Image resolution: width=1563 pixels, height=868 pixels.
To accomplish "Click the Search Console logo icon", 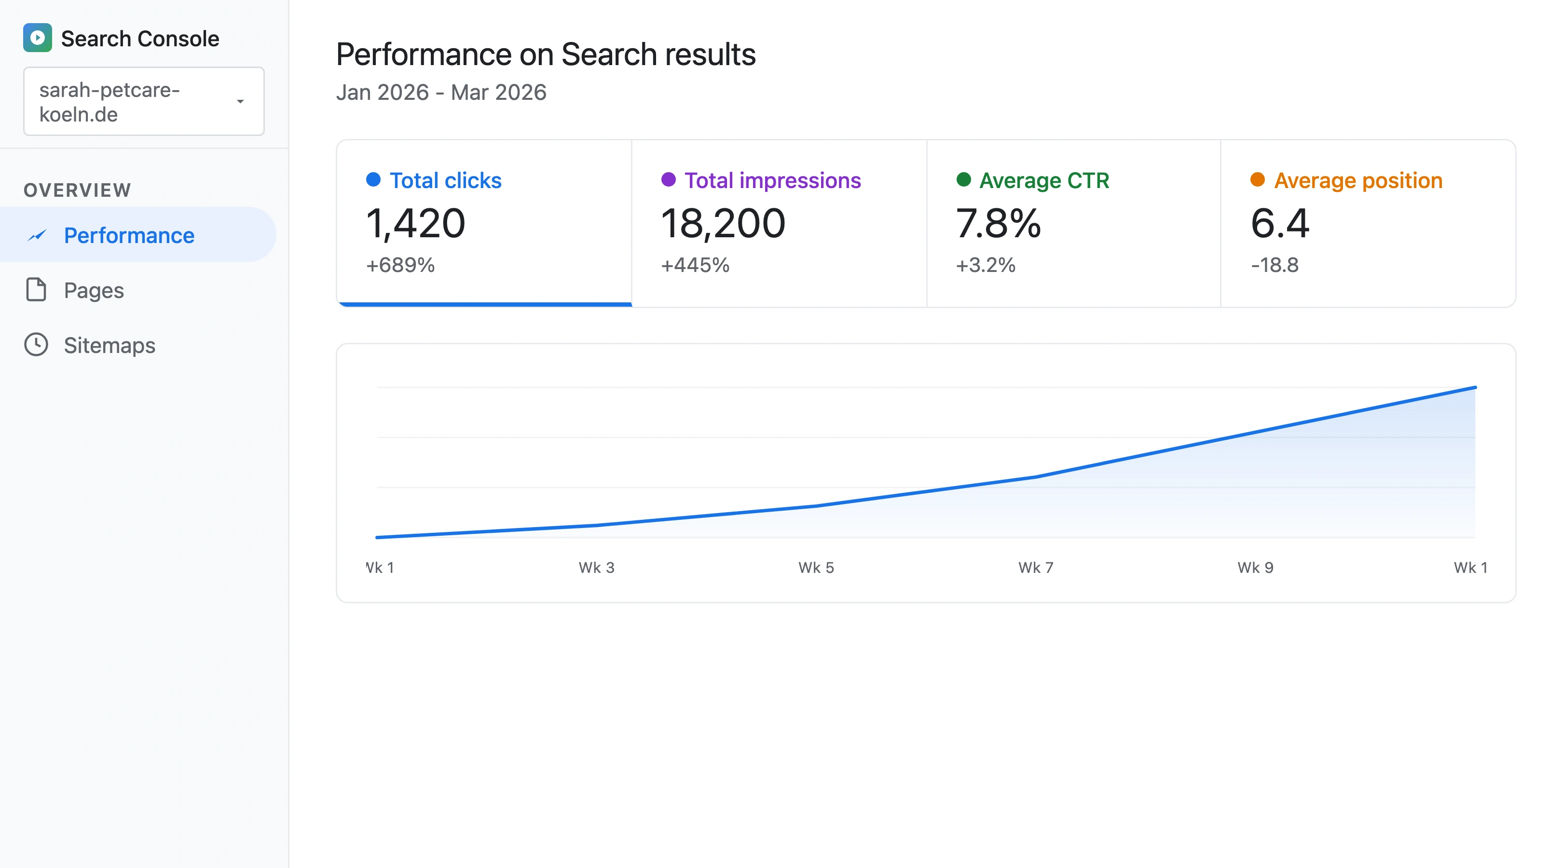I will pos(37,38).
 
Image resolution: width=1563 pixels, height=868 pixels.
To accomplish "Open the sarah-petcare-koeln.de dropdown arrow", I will pos(240,101).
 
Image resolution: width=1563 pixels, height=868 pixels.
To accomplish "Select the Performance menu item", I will pos(129,235).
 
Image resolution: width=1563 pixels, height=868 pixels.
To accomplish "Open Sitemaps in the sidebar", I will pos(109,345).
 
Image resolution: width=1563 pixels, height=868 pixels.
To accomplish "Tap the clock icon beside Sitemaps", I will pos(36,344).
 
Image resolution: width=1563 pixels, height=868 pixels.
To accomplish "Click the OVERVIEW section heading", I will pos(77,190).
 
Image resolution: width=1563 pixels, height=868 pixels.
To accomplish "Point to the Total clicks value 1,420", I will pos(416,223).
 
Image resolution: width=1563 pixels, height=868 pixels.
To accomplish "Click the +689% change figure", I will pos(400,265).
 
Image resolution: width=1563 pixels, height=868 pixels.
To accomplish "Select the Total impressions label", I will pos(772,181).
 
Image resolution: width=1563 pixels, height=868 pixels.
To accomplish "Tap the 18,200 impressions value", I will pos(723,223).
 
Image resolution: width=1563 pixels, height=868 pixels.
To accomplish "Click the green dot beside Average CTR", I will pos(963,179).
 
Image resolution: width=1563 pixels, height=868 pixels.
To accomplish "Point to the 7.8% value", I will pos(998,223).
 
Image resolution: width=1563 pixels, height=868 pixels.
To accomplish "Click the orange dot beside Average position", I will pos(1258,179).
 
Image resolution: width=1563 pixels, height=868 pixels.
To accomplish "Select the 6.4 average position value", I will pos(1280,223).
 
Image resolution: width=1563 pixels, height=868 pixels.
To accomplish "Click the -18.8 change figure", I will pos(1275,265).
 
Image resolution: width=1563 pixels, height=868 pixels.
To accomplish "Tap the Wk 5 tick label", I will pos(816,568).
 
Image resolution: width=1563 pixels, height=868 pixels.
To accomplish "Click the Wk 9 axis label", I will pos(1255,568).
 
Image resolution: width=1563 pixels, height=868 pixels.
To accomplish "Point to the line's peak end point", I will pos(1475,387).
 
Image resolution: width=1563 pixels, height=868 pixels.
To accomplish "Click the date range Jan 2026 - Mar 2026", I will pos(441,92).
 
